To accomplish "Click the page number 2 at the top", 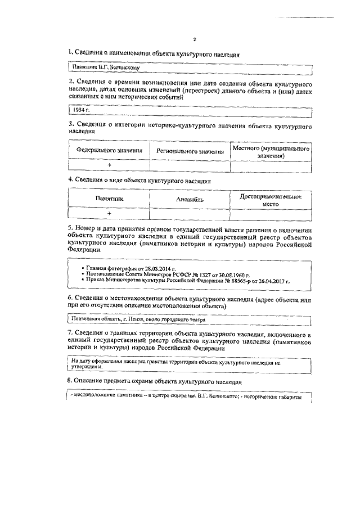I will [193, 39].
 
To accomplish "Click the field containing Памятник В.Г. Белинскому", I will [188, 67].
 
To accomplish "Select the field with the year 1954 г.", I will [188, 110].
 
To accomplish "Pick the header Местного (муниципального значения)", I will [271, 151].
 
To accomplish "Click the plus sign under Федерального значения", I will [109, 165].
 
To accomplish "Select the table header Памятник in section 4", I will [109, 200].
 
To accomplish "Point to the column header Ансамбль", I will [190, 200].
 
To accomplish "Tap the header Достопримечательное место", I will [271, 200].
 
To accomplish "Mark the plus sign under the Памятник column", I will [109, 214].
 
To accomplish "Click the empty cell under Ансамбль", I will [190, 214].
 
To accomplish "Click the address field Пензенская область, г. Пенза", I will [188, 319].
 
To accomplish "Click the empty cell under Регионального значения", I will [190, 165].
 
